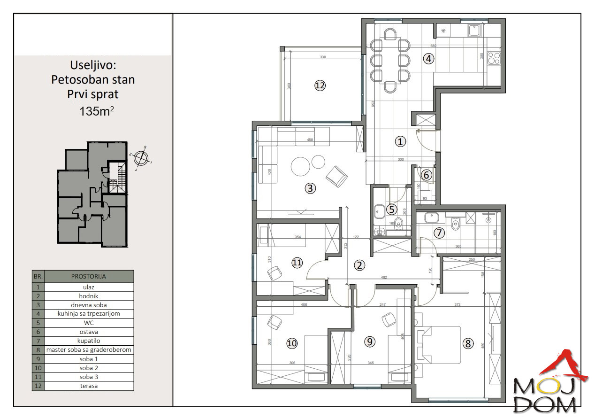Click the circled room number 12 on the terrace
(x=320, y=85)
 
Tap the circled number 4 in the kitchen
(x=427, y=59)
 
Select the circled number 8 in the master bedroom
(x=467, y=343)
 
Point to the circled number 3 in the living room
(x=310, y=188)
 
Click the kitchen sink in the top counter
(x=473, y=31)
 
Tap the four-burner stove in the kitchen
(x=494, y=58)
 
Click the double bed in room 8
(x=438, y=345)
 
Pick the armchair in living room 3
(x=337, y=176)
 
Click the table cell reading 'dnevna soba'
(x=89, y=305)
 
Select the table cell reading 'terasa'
(x=89, y=386)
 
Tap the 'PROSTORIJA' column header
(x=89, y=276)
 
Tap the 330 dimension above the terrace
(x=323, y=57)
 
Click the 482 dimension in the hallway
(x=384, y=278)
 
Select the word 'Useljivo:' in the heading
(x=93, y=65)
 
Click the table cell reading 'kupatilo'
(x=89, y=341)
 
